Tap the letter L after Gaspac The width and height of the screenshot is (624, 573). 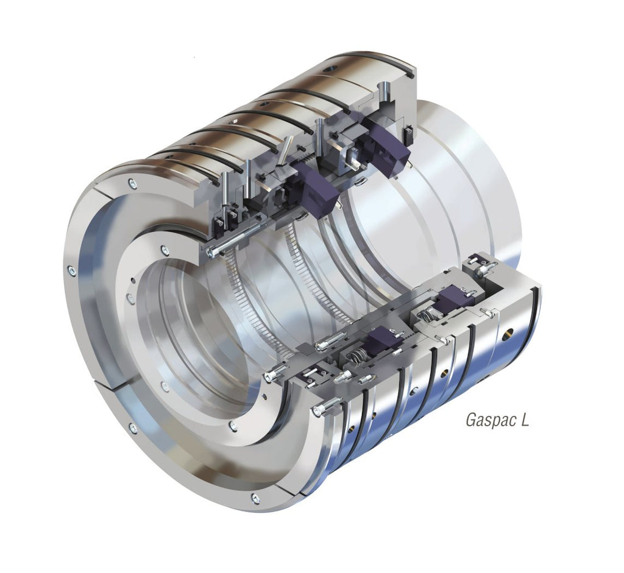[x=525, y=420]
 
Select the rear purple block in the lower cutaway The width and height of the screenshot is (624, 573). [x=453, y=298]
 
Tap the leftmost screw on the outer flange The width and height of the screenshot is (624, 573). [x=72, y=271]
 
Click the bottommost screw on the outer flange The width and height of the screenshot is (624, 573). [x=255, y=499]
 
